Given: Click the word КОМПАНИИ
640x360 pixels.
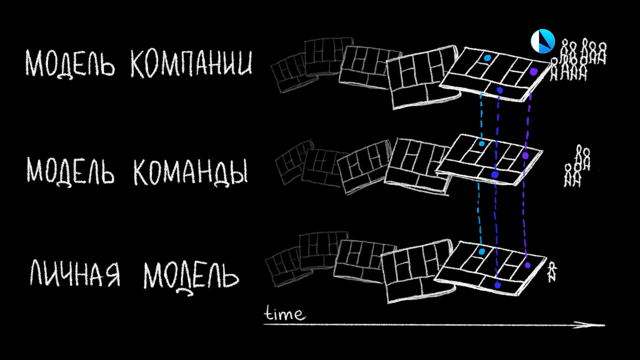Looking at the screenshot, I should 191,63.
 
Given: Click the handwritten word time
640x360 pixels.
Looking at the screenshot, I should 284,314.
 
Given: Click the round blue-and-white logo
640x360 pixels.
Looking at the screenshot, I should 542,41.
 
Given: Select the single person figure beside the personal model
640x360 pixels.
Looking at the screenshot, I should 552,272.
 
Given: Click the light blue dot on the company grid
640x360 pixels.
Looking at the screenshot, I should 487,58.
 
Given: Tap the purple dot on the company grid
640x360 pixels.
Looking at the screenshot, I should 533,71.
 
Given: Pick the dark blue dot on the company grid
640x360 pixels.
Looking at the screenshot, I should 499,90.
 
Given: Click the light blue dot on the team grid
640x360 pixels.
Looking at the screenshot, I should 481,144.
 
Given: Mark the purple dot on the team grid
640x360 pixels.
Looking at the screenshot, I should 526,155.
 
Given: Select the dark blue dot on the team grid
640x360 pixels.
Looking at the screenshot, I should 494,174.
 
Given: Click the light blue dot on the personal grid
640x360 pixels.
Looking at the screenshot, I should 481,251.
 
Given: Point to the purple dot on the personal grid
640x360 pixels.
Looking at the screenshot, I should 527,265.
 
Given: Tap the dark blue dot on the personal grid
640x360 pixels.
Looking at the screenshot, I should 497,285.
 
